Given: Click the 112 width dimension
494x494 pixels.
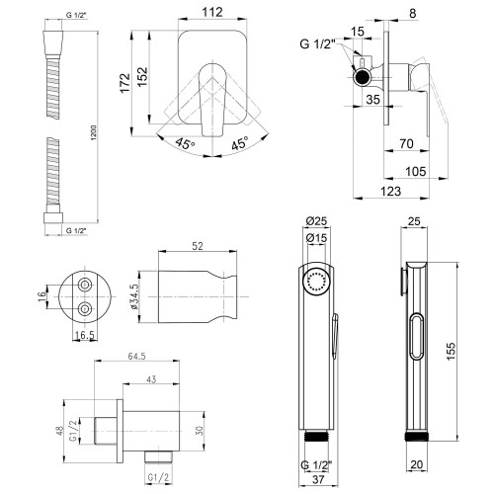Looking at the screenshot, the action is pyautogui.click(x=212, y=12).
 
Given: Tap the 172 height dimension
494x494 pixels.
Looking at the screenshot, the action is pyautogui.click(x=125, y=83).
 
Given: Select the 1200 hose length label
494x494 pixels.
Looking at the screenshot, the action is pyautogui.click(x=93, y=133).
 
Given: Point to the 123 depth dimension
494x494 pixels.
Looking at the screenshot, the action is pyautogui.click(x=391, y=191).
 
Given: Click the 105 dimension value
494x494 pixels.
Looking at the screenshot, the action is pyautogui.click(x=416, y=171).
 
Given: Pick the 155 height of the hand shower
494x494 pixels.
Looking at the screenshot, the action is pyautogui.click(x=451, y=351).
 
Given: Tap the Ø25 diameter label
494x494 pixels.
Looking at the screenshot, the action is pyautogui.click(x=316, y=221).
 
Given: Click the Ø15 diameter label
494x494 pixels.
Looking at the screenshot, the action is pyautogui.click(x=316, y=238).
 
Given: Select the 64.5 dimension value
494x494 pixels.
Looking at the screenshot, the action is pyautogui.click(x=136, y=357).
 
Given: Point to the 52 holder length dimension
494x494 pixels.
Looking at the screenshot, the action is pyautogui.click(x=198, y=246).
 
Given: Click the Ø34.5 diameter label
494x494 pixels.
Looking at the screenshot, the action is pyautogui.click(x=134, y=297).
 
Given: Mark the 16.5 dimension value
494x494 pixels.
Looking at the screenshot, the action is pyautogui.click(x=85, y=335).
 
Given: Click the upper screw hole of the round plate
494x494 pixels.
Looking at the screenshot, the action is pyautogui.click(x=85, y=284).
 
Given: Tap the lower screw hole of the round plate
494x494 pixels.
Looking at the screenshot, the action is pyautogui.click(x=85, y=309).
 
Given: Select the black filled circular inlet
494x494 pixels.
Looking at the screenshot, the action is pyautogui.click(x=362, y=78).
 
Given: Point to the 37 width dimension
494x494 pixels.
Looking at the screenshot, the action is pyautogui.click(x=318, y=479).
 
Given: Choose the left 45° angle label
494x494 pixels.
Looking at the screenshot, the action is pyautogui.click(x=185, y=143).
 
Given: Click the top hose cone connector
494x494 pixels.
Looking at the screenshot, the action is pyautogui.click(x=52, y=44).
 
